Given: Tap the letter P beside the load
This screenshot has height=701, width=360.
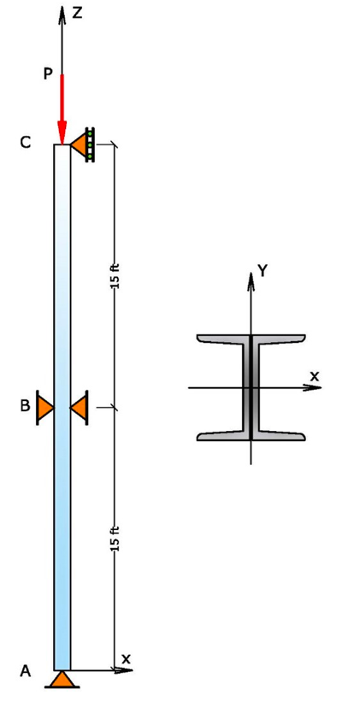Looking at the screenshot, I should [48, 75].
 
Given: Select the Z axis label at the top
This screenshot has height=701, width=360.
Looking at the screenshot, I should [77, 13].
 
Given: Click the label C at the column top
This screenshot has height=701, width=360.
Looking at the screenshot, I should [26, 144].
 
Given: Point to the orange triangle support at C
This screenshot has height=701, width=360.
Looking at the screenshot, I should [80, 145].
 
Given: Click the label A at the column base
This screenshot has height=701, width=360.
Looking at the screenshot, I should [26, 671].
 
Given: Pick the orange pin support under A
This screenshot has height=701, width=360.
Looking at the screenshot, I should [62, 680].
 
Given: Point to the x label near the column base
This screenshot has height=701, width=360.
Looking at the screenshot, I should [127, 658].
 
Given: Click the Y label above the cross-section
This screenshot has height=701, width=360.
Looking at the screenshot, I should [263, 271].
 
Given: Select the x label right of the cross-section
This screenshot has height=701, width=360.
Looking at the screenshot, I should [314, 375].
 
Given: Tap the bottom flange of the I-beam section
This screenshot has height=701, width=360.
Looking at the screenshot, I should [251, 435].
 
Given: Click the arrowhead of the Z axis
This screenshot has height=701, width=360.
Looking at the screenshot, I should [62, 12].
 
